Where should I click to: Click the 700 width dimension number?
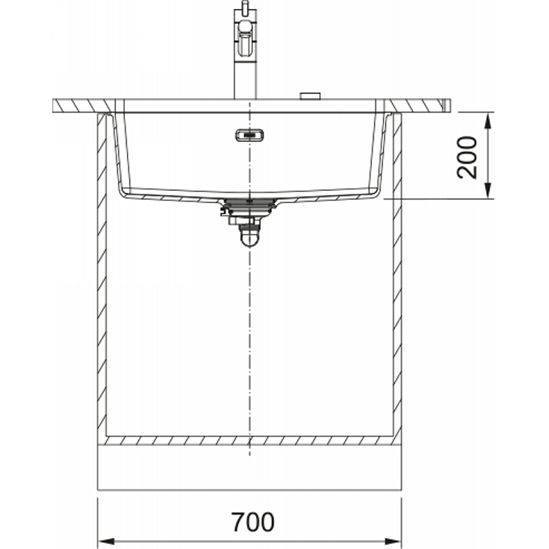(253, 522)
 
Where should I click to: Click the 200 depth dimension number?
(467, 158)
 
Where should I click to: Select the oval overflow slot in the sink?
(249, 135)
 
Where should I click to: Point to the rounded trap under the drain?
(249, 237)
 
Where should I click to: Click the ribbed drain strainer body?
(249, 207)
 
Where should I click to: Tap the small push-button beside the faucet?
(310, 96)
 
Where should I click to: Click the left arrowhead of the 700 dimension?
(106, 541)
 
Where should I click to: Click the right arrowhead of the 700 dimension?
(393, 541)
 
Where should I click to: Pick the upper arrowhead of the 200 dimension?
(489, 121)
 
